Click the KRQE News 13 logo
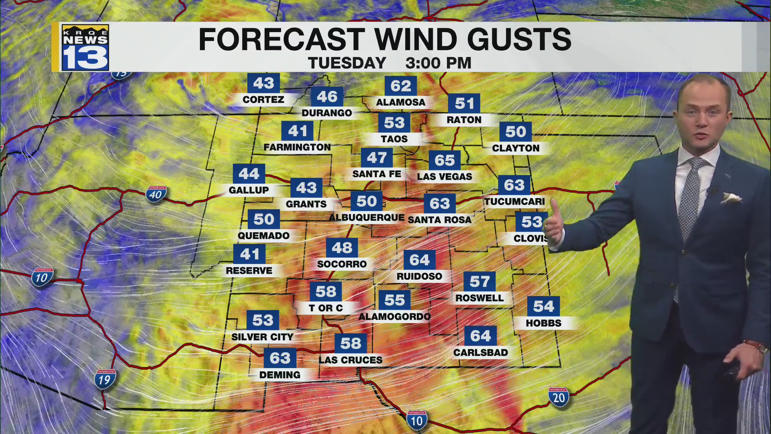pyautogui.click(x=85, y=47)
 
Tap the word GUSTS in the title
pyautogui.click(x=519, y=39)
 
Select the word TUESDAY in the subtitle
pyautogui.click(x=347, y=63)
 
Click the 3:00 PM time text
pyautogui.click(x=438, y=63)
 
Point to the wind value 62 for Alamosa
pyautogui.click(x=400, y=86)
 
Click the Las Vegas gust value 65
pyautogui.click(x=444, y=160)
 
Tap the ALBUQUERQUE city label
pyautogui.click(x=366, y=217)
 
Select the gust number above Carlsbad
pyautogui.click(x=480, y=336)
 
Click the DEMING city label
pyautogui.click(x=279, y=375)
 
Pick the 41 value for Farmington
pyautogui.click(x=297, y=131)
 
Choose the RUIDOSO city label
pyautogui.click(x=419, y=276)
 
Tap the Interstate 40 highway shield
pyautogui.click(x=156, y=194)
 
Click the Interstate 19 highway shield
pyautogui.click(x=104, y=379)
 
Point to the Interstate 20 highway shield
pyautogui.click(x=559, y=397)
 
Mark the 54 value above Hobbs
pyautogui.click(x=543, y=306)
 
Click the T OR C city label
pyautogui.click(x=326, y=308)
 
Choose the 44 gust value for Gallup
pyautogui.click(x=249, y=174)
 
